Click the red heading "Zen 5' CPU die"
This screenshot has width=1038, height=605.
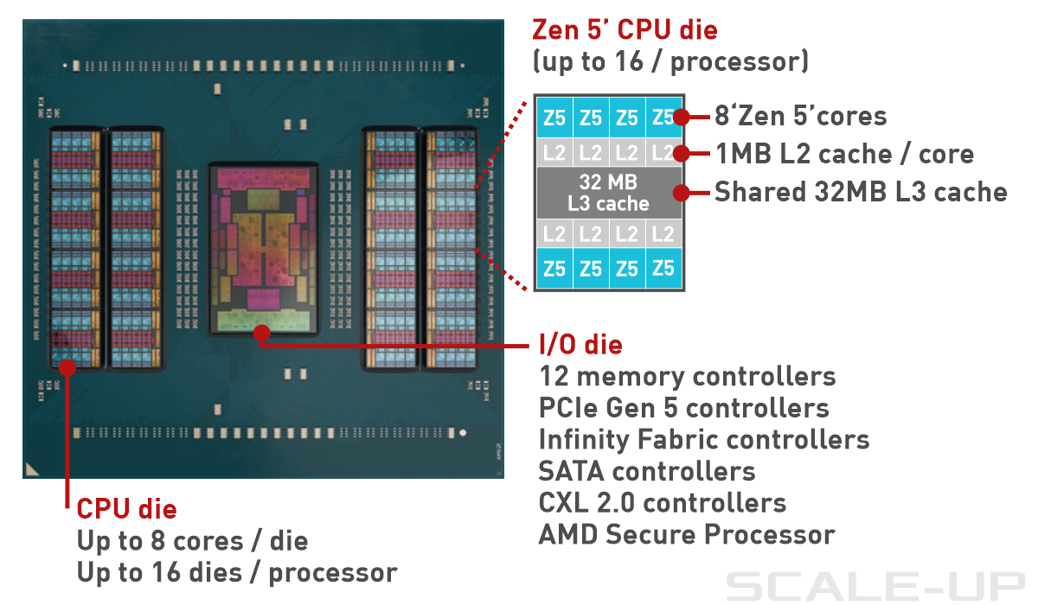(x=625, y=31)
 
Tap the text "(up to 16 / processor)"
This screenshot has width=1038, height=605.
(x=670, y=62)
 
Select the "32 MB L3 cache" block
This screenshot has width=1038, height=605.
(x=608, y=193)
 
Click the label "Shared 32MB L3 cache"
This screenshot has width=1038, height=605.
(x=861, y=192)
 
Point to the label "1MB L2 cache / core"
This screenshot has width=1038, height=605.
(x=843, y=154)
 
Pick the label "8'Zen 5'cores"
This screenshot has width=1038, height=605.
(x=800, y=116)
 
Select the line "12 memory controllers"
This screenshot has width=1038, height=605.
(x=687, y=377)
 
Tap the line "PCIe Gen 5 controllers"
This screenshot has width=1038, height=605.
(x=683, y=408)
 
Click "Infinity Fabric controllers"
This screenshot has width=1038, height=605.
(x=703, y=439)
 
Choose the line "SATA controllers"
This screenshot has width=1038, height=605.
(x=646, y=471)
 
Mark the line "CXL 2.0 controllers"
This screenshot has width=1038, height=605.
(x=662, y=502)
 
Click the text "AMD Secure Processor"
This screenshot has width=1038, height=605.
(x=686, y=534)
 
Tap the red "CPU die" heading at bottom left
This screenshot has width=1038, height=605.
(x=126, y=508)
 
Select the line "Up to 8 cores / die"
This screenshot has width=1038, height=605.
(x=192, y=541)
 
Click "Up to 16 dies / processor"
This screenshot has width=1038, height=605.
(x=237, y=572)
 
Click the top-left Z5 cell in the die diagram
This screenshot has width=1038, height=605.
(x=554, y=117)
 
